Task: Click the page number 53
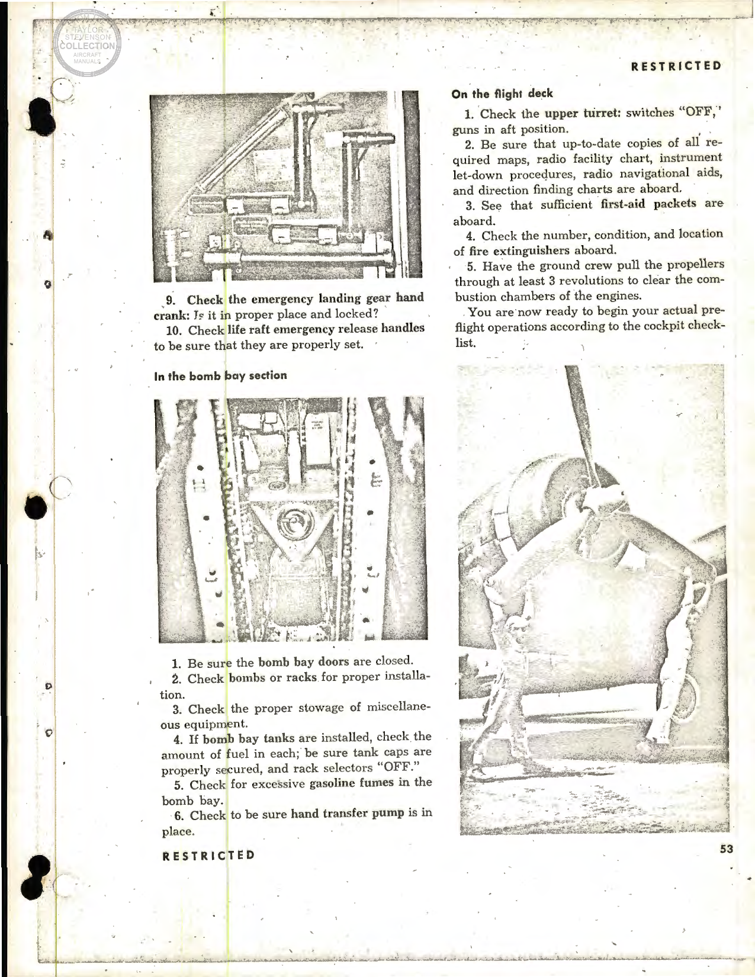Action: tap(727, 849)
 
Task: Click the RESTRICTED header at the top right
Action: tap(676, 66)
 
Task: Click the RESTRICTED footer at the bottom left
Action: tap(208, 855)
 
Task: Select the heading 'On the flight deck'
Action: tap(502, 94)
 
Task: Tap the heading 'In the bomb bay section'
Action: tap(220, 375)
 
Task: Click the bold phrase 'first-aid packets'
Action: tap(651, 204)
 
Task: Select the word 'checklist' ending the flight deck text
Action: tap(592, 335)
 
